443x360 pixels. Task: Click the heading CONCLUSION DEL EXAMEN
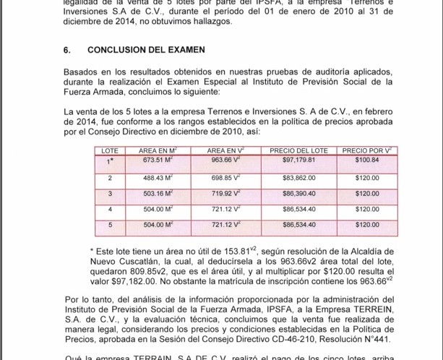coord(146,51)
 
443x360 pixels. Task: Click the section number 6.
coord(67,51)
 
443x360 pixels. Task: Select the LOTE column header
coord(110,150)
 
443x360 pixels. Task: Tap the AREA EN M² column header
coord(158,150)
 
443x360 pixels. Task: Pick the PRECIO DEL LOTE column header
coord(298,150)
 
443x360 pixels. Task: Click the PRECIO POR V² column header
coord(367,150)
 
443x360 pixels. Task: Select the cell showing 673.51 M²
coord(158,160)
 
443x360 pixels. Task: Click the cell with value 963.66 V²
coord(225,160)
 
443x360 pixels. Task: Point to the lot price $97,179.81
coord(298,160)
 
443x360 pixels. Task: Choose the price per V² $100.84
coord(367,160)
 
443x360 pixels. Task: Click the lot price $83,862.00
coord(298,178)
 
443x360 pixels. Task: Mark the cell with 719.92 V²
coord(225,194)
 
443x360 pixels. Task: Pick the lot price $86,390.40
coord(298,194)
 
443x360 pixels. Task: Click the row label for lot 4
coord(110,210)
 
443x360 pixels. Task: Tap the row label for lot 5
coord(110,225)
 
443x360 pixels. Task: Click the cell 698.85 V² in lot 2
coord(225,178)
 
